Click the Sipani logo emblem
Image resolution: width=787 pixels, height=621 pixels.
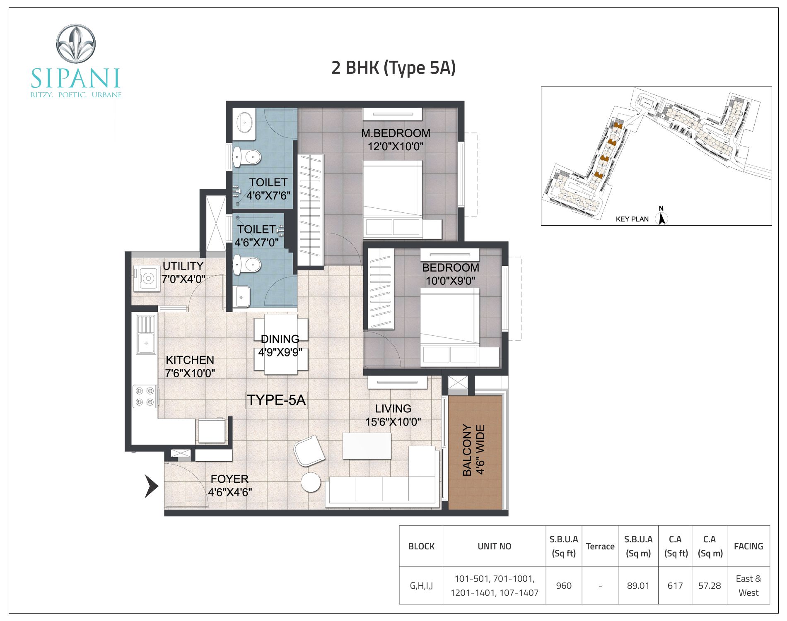76,44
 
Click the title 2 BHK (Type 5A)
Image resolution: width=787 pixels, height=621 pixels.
393,68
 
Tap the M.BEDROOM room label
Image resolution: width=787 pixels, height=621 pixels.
396,133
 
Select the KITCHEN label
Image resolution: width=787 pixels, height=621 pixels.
190,360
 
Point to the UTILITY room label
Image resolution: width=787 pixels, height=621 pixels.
183,266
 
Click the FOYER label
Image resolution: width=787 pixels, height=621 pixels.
229,479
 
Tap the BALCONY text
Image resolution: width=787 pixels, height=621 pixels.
467,450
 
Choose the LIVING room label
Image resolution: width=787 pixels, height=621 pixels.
393,409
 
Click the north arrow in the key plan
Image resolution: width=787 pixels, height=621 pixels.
661,217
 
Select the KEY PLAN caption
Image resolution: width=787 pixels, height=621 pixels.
632,219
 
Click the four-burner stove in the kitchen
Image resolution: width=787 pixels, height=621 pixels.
145,396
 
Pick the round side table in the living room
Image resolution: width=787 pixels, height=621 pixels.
311,482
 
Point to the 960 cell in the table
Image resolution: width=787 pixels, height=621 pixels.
564,586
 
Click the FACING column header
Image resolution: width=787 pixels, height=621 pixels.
748,546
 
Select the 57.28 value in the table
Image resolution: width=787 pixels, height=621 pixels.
710,586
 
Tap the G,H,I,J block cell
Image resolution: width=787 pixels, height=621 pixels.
421,586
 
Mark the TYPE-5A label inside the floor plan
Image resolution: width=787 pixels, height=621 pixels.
276,400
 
